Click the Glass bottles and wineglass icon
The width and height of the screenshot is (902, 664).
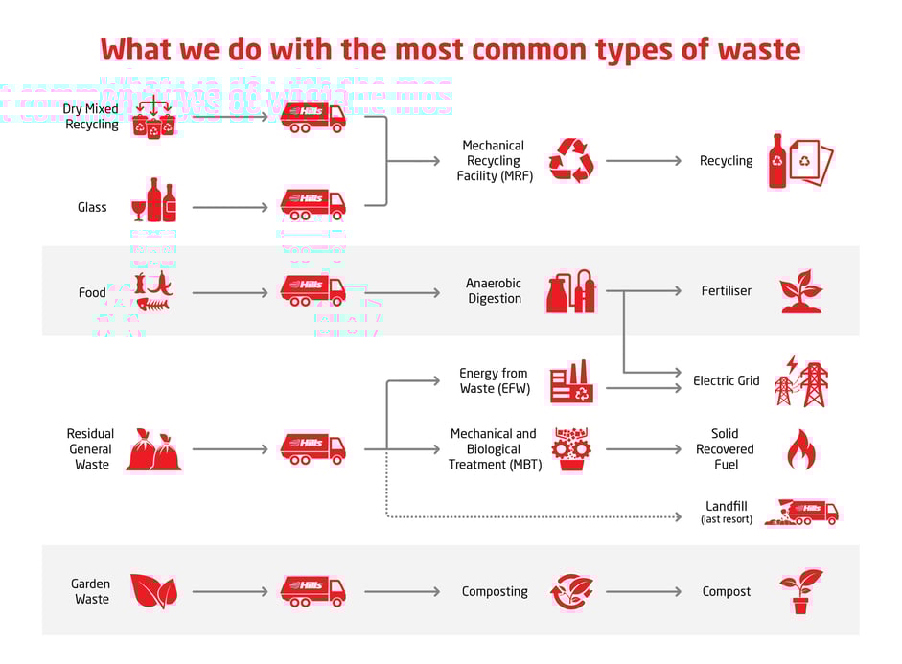[154, 200]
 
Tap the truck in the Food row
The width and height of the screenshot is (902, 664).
[312, 290]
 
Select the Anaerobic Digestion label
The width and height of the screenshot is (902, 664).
[494, 291]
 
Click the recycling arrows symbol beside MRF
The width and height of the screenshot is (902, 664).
[571, 160]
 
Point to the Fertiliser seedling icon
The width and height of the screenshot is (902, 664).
[800, 291]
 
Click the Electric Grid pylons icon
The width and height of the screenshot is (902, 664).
[800, 380]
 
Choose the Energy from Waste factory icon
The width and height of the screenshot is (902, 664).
[571, 381]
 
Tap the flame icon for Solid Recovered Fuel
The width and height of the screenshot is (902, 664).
[800, 448]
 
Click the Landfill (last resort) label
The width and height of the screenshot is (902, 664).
[727, 512]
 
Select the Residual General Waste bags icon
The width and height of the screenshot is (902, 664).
[154, 449]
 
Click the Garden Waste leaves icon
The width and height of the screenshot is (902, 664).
[153, 591]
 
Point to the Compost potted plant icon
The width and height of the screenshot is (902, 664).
[800, 590]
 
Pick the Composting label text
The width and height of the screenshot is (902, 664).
[495, 591]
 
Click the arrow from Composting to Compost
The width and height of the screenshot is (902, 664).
[642, 591]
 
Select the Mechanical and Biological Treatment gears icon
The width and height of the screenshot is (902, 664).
[571, 448]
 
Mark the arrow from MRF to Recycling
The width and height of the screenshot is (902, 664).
[642, 161]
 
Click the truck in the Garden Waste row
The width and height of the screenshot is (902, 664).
[312, 590]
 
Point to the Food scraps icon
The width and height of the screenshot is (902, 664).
[154, 292]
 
